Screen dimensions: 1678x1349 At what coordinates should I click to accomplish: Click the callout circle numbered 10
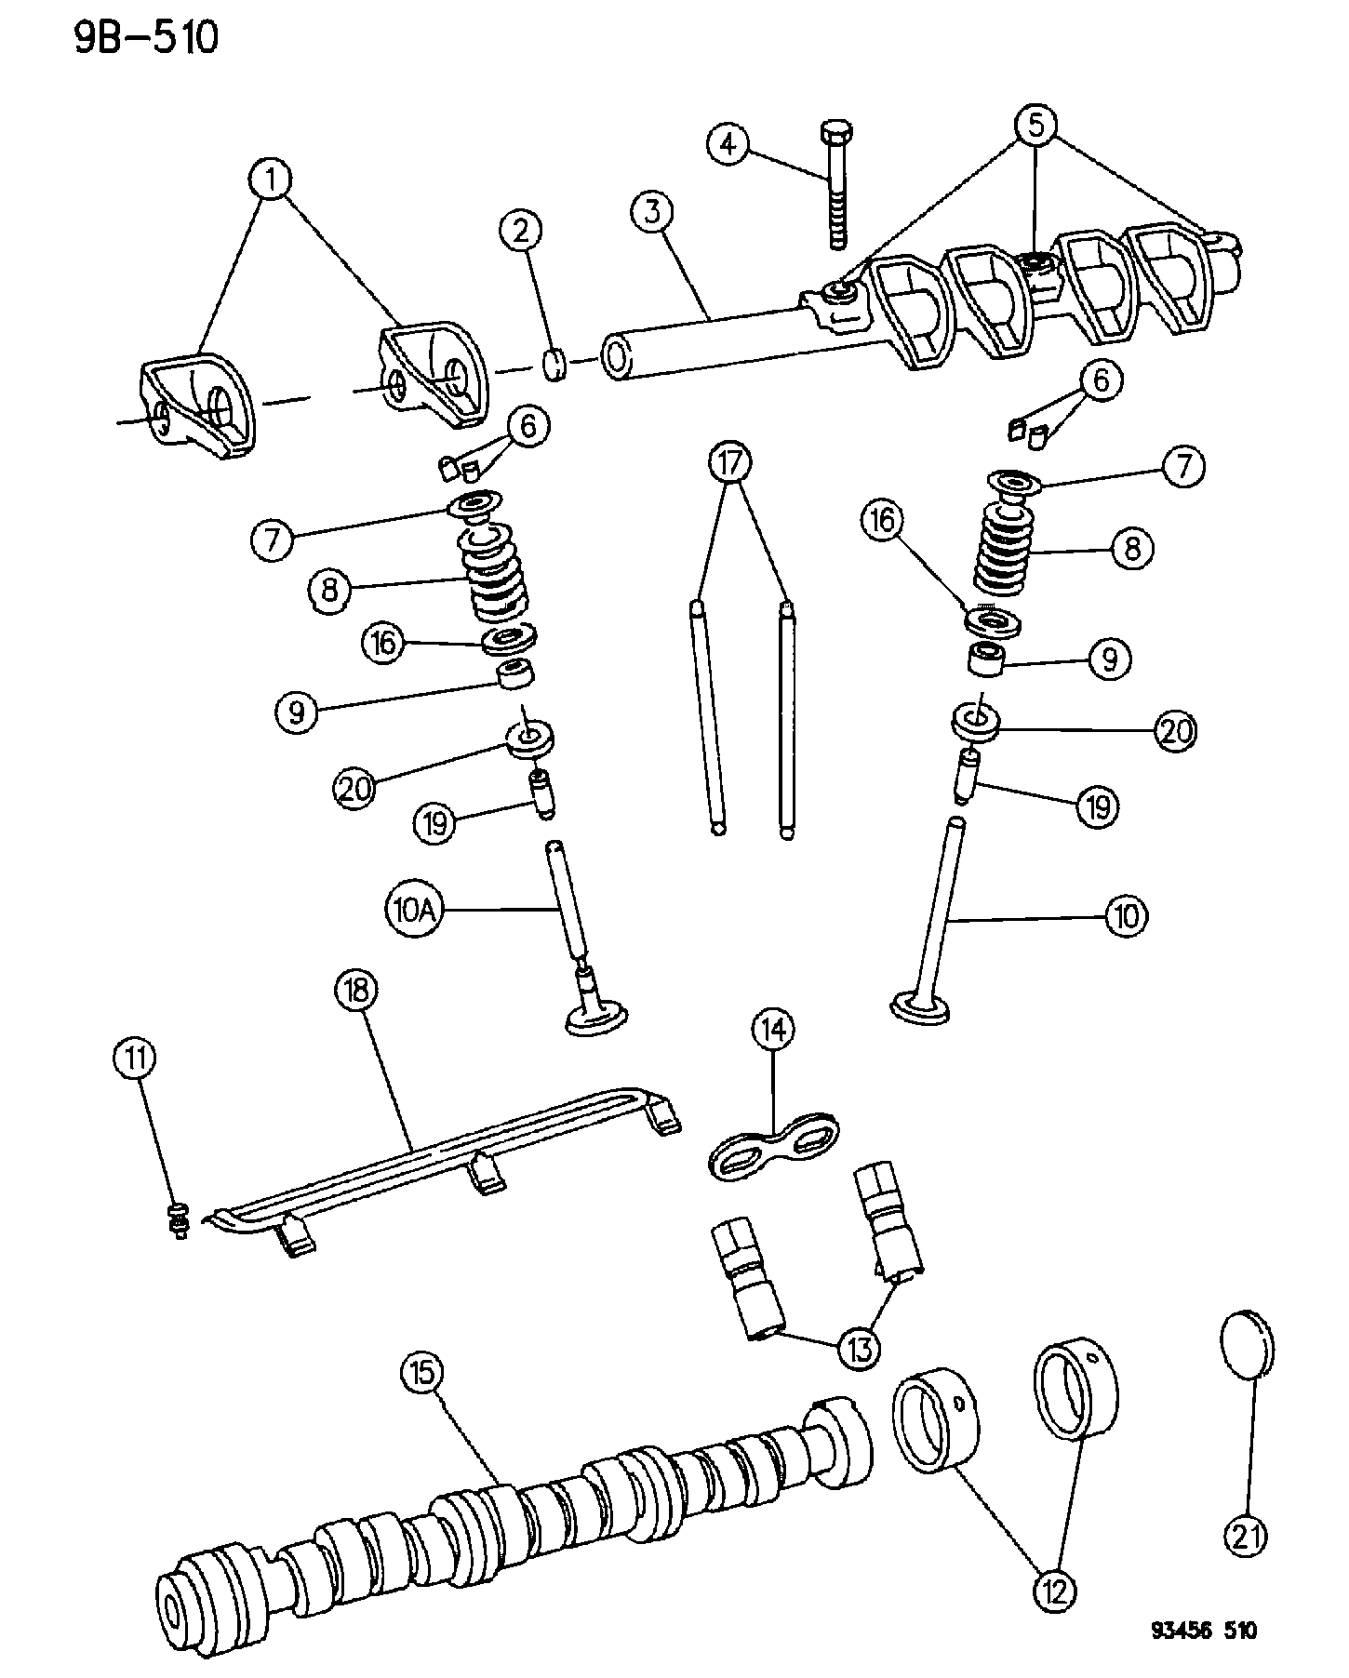coord(1126,916)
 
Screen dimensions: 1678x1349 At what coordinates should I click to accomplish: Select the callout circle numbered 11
coord(135,1058)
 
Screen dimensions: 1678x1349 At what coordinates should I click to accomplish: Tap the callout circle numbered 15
coord(423,1373)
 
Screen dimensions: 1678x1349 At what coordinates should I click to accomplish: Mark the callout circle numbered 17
coord(731,461)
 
